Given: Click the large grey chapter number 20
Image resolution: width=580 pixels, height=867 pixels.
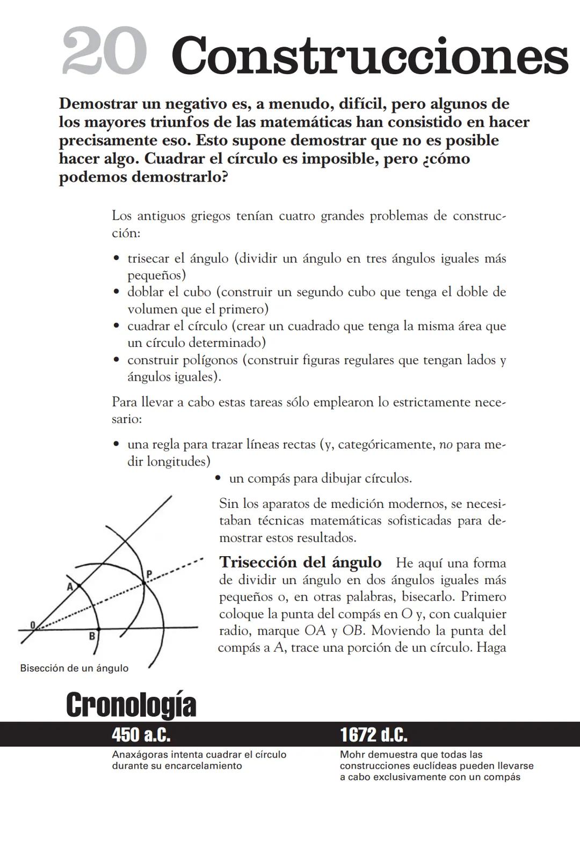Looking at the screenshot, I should click(x=104, y=52).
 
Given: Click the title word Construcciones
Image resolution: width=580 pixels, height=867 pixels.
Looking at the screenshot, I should click(x=369, y=56).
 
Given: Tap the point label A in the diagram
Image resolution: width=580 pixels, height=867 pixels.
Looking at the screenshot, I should click(x=70, y=587).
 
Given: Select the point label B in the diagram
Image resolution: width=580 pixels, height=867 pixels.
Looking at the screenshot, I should click(x=92, y=636).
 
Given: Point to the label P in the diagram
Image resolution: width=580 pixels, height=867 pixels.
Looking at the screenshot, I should click(x=149, y=574).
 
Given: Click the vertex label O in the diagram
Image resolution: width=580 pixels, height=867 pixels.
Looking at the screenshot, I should click(x=33, y=624).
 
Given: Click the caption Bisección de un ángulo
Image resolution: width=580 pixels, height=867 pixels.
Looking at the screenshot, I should click(x=74, y=668).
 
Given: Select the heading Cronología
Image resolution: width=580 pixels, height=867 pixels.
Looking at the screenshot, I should click(x=130, y=705).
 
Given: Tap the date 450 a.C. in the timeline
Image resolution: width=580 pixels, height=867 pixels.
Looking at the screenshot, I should click(x=141, y=734).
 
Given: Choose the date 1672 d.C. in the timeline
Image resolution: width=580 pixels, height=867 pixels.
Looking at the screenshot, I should click(x=373, y=734).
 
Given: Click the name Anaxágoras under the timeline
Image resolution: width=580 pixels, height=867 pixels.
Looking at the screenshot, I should click(x=136, y=755).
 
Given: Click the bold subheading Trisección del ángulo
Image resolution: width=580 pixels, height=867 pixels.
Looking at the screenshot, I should click(x=300, y=563).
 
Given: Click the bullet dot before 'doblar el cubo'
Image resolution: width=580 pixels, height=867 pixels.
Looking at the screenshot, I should click(x=116, y=292).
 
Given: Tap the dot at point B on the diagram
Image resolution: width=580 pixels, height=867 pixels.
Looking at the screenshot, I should click(x=98, y=628).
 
